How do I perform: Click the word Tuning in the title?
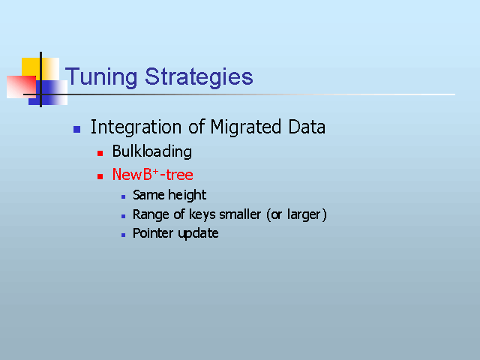[x=101, y=76]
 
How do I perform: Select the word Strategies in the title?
[x=199, y=76]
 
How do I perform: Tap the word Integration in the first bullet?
[x=136, y=127]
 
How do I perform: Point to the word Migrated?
[x=246, y=127]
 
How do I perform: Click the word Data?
[x=307, y=127]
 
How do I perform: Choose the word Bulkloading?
[x=152, y=151]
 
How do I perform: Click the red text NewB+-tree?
[x=153, y=175]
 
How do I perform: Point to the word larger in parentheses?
[x=304, y=215]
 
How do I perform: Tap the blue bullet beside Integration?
[x=76, y=129]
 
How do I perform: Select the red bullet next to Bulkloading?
[x=100, y=153]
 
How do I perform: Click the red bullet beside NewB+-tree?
[x=100, y=176]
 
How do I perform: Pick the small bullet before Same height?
[x=123, y=196]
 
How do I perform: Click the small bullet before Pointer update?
[x=123, y=235]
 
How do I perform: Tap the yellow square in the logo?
[x=31, y=67]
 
